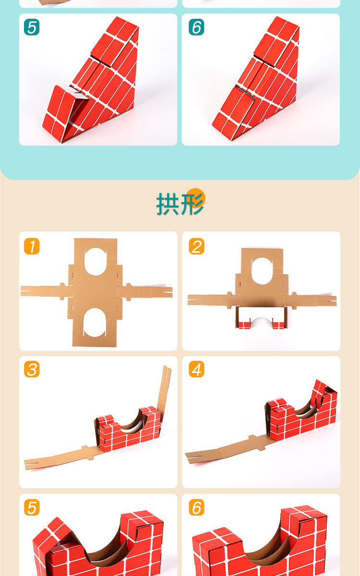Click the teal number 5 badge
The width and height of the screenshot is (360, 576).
pyautogui.click(x=32, y=27)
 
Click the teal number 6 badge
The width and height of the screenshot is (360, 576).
pyautogui.click(x=196, y=27)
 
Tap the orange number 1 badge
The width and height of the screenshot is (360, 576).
pyautogui.click(x=32, y=246)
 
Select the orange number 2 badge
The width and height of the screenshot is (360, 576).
pyautogui.click(x=196, y=246)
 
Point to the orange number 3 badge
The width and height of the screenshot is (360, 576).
pyautogui.click(x=32, y=369)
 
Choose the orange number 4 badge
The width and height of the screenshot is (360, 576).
pyautogui.click(x=196, y=369)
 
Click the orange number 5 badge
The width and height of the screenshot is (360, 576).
pyautogui.click(x=32, y=507)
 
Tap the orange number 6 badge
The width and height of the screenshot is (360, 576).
pyautogui.click(x=196, y=507)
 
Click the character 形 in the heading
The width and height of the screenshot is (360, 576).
pyautogui.click(x=192, y=204)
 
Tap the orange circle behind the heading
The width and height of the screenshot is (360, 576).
pyautogui.click(x=196, y=197)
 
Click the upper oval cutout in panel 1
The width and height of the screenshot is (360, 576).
pyautogui.click(x=95, y=262)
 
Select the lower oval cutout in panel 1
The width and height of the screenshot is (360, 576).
pyautogui.click(x=95, y=322)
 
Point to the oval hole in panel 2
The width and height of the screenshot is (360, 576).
pyautogui.click(x=262, y=272)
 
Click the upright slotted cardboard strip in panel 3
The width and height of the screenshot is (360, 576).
pyautogui.click(x=164, y=388)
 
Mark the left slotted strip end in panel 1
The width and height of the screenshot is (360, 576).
pyautogui.click(x=30, y=291)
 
